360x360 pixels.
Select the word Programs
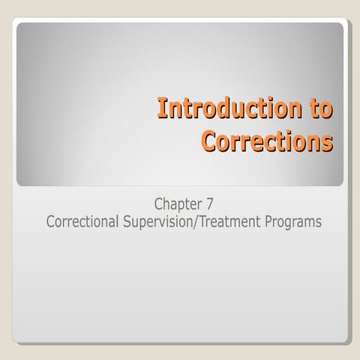point(294,223)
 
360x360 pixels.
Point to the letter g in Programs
point(290,224)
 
